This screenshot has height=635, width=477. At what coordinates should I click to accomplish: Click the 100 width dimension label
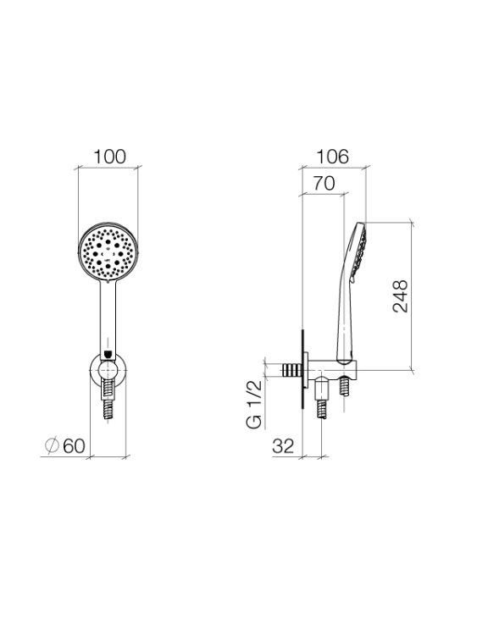[x=110, y=157]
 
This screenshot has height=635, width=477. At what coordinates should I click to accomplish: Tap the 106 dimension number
[x=332, y=157]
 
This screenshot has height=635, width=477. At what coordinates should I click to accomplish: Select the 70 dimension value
[x=324, y=184]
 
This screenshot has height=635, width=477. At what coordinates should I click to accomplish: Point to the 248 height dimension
[x=400, y=295]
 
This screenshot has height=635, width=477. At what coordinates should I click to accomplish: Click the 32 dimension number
[x=283, y=446]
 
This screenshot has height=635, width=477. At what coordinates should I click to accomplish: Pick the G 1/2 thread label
[x=254, y=405]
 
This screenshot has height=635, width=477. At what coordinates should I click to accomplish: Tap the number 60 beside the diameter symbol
[x=74, y=446]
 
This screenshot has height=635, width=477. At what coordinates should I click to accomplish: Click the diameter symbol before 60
[x=52, y=445]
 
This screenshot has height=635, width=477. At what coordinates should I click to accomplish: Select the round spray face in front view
[x=108, y=251]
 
